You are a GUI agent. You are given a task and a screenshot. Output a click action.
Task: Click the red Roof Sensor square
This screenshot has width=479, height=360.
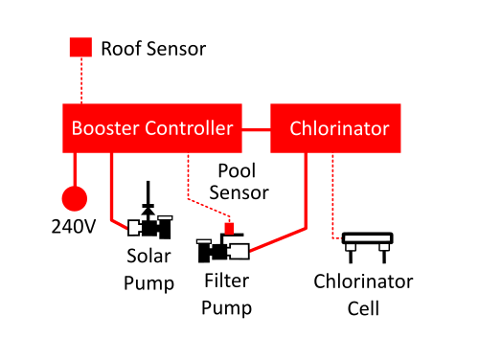(x=80, y=47)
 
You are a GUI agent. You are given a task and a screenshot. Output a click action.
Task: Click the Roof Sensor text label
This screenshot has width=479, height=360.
(x=153, y=49)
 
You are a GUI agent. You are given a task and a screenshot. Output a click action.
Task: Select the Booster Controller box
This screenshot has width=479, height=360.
(x=152, y=128)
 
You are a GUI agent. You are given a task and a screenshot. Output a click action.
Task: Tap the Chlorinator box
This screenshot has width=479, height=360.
(x=335, y=128)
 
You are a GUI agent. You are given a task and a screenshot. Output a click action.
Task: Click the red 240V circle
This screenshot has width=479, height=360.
(x=75, y=198)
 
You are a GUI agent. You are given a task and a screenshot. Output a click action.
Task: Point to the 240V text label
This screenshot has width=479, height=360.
(x=74, y=227)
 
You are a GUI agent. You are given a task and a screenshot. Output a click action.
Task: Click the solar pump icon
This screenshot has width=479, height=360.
(x=149, y=223)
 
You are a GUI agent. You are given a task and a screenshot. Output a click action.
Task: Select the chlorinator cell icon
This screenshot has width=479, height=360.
(x=367, y=247)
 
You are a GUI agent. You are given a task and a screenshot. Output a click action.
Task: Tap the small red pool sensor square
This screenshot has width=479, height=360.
(x=229, y=229)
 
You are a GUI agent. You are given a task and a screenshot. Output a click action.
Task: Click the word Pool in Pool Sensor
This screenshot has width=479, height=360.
(x=237, y=170)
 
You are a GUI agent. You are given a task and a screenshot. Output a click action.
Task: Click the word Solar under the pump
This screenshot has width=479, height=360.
(x=148, y=256)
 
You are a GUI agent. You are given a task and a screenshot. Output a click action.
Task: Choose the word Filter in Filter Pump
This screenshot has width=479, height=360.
(x=227, y=281)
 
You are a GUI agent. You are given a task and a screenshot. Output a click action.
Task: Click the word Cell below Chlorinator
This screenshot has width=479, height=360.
(x=363, y=308)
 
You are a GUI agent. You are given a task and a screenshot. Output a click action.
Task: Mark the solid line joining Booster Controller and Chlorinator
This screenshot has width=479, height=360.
(x=256, y=130)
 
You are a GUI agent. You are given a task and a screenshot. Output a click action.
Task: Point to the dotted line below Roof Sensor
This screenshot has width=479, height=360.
(x=81, y=80)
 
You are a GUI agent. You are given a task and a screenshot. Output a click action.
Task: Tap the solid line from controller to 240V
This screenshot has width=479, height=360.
(x=75, y=169)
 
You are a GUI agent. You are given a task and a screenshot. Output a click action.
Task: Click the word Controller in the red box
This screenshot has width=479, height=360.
(x=189, y=128)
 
